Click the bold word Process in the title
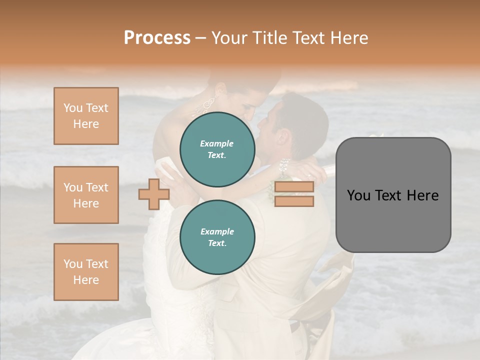(x=157, y=38)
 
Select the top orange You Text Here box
(x=86, y=116)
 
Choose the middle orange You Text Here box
(x=86, y=195)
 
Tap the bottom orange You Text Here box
(x=86, y=272)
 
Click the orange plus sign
(x=154, y=194)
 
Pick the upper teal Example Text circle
(x=217, y=149)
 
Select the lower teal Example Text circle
(x=217, y=237)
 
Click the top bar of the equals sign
(x=294, y=187)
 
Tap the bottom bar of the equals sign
(x=294, y=201)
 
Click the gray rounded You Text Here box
(x=393, y=195)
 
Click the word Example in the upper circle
(x=217, y=143)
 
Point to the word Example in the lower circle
(x=217, y=231)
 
